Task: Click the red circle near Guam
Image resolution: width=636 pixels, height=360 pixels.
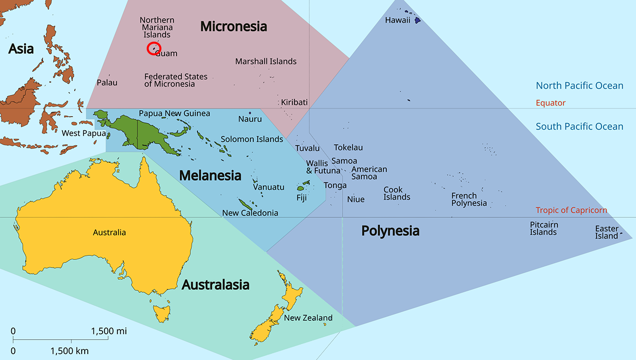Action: pyautogui.click(x=154, y=48)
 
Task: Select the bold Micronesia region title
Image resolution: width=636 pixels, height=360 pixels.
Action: pyautogui.click(x=233, y=26)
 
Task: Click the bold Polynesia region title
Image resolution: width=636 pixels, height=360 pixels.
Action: pyautogui.click(x=390, y=231)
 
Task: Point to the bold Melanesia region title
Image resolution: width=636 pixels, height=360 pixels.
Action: pyautogui.click(x=210, y=176)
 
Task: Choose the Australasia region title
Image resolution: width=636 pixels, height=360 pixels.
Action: pyautogui.click(x=215, y=285)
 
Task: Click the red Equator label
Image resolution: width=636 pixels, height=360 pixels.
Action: pyautogui.click(x=550, y=103)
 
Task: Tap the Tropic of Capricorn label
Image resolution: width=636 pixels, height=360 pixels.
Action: pyautogui.click(x=571, y=210)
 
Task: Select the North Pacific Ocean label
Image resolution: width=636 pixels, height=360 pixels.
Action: pyautogui.click(x=579, y=86)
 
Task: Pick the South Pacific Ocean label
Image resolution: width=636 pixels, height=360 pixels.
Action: pyautogui.click(x=579, y=127)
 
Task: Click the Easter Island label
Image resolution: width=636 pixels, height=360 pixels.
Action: pyautogui.click(x=607, y=232)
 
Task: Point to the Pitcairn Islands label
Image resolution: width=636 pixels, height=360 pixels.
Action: pyautogui.click(x=544, y=228)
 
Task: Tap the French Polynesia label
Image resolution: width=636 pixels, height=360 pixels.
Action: pyautogui.click(x=469, y=200)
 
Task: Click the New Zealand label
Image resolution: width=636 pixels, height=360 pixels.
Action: pyautogui.click(x=308, y=318)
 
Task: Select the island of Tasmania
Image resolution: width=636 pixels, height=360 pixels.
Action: pyautogui.click(x=162, y=313)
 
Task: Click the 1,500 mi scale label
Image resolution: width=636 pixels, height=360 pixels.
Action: pyautogui.click(x=109, y=332)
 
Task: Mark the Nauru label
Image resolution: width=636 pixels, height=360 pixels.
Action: pyautogui.click(x=250, y=119)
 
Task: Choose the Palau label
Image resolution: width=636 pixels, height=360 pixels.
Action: pyautogui.click(x=107, y=82)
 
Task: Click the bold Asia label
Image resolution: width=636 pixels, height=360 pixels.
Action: pyautogui.click(x=21, y=49)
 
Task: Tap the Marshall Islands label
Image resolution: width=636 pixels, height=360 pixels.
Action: pyautogui.click(x=265, y=61)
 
